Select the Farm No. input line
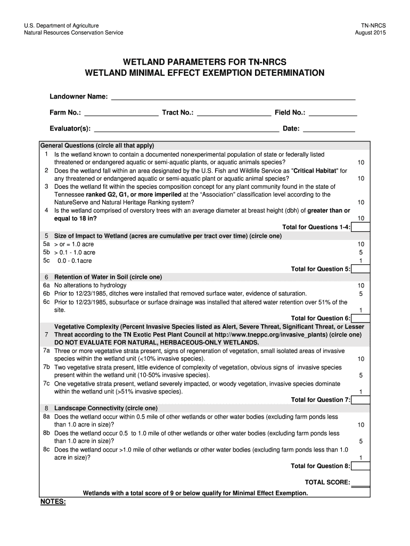click(121, 114)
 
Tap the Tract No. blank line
click(233, 114)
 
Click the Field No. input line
click(333, 114)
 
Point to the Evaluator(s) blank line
click(186, 129)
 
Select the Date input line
click(329, 129)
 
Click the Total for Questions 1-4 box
click(360, 227)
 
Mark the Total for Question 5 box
click(360, 269)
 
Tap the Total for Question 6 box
click(360, 318)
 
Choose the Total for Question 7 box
click(360, 399)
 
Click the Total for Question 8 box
click(360, 465)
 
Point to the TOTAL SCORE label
click(327, 483)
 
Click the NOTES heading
click(53, 502)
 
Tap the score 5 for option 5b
click(361, 252)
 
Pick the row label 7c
click(46, 383)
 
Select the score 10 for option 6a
click(361, 285)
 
